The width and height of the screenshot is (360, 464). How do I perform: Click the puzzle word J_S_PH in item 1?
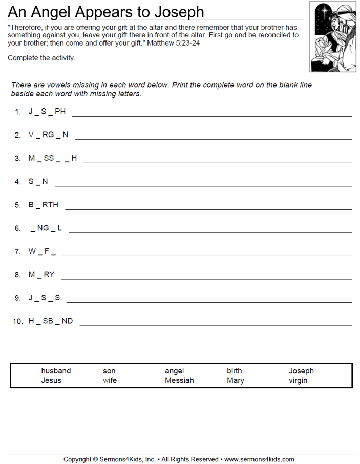47,112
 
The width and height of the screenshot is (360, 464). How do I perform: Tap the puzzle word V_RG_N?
48,135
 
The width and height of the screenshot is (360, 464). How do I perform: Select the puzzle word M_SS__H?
53,158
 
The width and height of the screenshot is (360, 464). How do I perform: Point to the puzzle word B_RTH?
44,205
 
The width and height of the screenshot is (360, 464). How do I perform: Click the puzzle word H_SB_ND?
51,321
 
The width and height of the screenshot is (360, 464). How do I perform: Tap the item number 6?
18,228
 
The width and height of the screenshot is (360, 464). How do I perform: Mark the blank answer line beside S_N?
203,185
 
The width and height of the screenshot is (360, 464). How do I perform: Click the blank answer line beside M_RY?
206,278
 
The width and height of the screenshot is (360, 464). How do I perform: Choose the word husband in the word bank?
56,371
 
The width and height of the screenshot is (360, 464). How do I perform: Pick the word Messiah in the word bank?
179,380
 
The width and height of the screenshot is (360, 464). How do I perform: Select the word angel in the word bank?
174,371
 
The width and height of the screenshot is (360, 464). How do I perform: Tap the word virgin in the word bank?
298,380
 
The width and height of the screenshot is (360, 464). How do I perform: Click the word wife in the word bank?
110,380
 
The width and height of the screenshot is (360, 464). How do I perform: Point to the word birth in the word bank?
235,371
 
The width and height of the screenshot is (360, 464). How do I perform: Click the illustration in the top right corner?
332,36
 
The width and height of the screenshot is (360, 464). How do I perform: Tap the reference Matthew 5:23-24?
174,43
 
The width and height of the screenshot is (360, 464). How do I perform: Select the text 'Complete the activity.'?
41,58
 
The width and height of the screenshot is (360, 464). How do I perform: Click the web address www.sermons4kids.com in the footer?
259,459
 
